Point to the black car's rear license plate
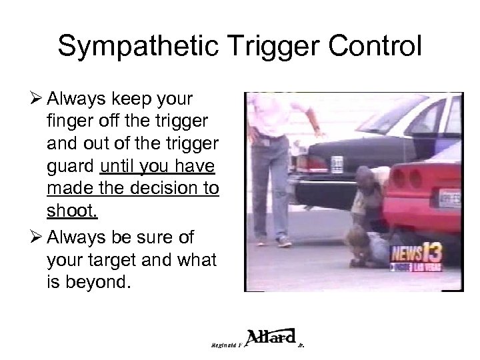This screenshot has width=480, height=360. point(337,163)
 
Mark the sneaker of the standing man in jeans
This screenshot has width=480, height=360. point(283,240)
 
